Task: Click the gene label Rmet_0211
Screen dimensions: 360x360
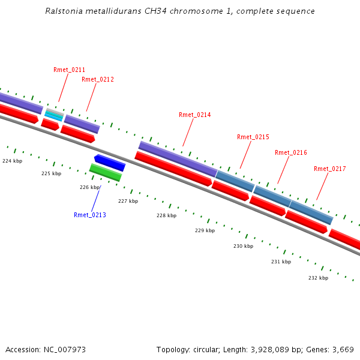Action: point(69,70)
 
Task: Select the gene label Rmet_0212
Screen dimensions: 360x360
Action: point(98,79)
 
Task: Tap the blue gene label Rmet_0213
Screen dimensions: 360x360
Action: point(90,215)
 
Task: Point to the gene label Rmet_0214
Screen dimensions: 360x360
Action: point(195,115)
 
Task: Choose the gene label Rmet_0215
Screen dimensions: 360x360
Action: point(253,137)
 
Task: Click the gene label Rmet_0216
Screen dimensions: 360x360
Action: point(291,152)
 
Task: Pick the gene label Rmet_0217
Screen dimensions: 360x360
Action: point(330,169)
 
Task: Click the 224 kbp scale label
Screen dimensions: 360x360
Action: point(12,161)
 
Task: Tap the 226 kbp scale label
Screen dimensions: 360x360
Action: point(89,187)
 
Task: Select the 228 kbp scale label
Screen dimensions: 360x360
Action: point(166,215)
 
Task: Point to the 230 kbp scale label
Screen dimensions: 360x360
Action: point(243,246)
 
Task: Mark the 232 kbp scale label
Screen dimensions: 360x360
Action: point(318,278)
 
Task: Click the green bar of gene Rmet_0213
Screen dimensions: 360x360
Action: point(106,172)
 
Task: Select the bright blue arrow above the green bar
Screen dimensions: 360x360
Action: point(110,162)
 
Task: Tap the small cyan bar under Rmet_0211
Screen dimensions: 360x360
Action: point(53,116)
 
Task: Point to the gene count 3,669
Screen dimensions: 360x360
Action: point(341,349)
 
